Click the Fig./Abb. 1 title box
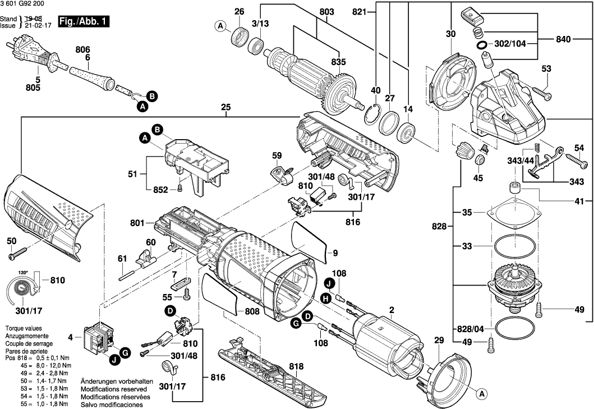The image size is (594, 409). [84, 22]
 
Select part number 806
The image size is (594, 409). [82, 49]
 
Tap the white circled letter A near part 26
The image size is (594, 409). [220, 26]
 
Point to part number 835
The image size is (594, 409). [338, 62]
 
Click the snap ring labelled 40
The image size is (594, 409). [371, 113]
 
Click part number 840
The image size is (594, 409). [563, 39]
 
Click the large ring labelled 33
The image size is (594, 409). [515, 247]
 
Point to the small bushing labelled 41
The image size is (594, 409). [515, 188]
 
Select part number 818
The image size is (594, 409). [296, 366]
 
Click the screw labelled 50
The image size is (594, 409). [17, 253]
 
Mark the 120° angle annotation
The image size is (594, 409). [24, 273]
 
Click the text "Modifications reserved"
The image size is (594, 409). [114, 389]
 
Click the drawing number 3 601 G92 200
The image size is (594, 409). [22, 4]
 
